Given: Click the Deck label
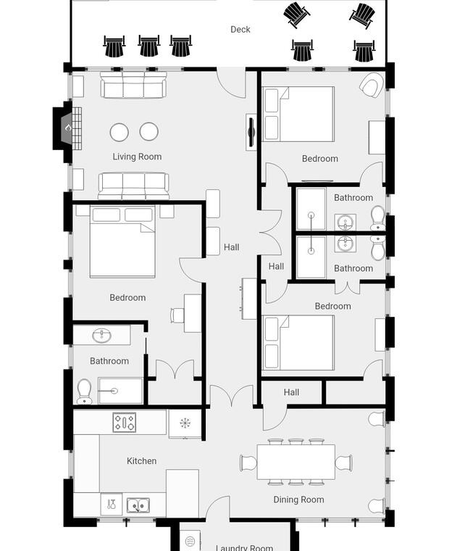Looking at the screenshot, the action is (x=240, y=30).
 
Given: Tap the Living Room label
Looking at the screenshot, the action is (x=137, y=157).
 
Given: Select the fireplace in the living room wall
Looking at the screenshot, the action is (x=67, y=128).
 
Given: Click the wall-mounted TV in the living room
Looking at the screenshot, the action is (x=251, y=132).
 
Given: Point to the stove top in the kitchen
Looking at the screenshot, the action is (x=125, y=422).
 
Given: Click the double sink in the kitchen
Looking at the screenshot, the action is (x=138, y=505).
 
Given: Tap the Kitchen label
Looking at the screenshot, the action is (x=141, y=460).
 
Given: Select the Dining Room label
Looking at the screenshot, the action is (x=298, y=500).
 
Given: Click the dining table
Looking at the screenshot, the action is (x=296, y=462).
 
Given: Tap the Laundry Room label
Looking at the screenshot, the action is (x=244, y=547).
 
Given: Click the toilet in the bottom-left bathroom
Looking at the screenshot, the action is (x=84, y=391).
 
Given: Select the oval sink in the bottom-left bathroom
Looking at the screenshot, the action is (x=102, y=336).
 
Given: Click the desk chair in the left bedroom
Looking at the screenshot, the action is (x=177, y=315).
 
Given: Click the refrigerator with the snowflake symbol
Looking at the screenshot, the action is (x=185, y=423).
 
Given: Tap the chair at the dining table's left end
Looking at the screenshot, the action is (x=248, y=463).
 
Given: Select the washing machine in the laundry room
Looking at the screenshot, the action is (x=190, y=540).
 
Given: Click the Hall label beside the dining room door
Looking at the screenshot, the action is (x=291, y=392).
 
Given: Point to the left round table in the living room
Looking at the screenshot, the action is (x=119, y=132).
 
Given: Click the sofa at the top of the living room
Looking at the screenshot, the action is (x=133, y=85).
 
